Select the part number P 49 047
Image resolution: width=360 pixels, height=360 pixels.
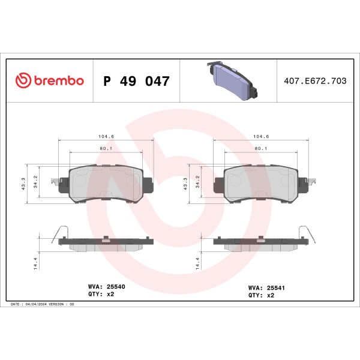click(x=137, y=81)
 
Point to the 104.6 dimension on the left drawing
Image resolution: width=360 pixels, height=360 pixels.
click(x=107, y=137)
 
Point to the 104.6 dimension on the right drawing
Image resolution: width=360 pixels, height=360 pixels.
click(x=261, y=137)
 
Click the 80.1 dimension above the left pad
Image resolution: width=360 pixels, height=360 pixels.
click(x=107, y=148)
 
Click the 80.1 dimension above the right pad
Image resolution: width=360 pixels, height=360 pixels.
click(x=261, y=148)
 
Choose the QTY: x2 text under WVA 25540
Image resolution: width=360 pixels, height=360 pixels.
click(x=101, y=295)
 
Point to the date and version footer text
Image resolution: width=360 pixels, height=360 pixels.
click(x=42, y=305)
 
